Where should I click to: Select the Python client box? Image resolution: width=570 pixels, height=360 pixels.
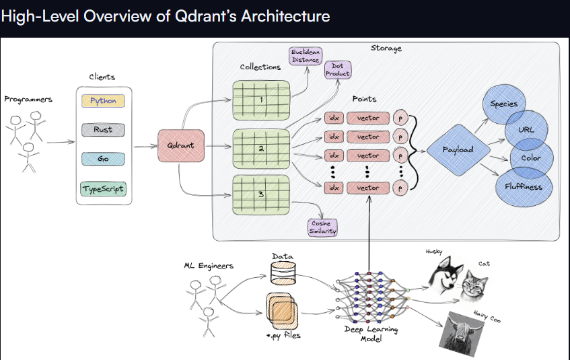103,101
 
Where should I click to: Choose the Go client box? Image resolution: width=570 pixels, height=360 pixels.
103,159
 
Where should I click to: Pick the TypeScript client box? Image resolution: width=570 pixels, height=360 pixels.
103,189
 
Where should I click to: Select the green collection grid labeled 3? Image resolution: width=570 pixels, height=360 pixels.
260,194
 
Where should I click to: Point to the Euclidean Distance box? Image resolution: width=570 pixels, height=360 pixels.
305,56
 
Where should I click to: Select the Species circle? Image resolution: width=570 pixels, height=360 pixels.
504,104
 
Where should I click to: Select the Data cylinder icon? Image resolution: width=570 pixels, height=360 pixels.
283,274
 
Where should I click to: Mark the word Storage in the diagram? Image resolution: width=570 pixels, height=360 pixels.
386,48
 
